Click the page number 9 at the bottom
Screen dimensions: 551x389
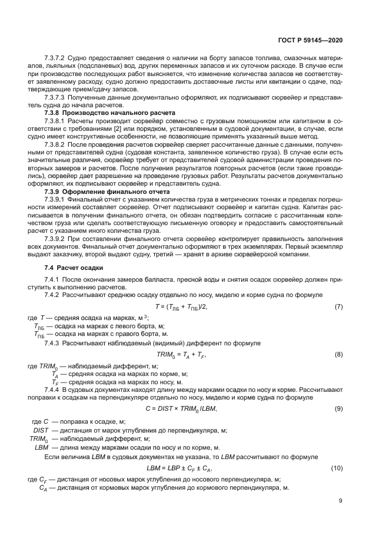(x=341, y=501)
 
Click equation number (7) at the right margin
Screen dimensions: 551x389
(x=338, y=307)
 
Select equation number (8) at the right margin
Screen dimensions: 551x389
(x=338, y=356)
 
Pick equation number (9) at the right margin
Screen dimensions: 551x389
(x=338, y=409)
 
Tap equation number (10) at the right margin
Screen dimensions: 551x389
(x=337, y=467)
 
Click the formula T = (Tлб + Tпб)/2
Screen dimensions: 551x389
(x=181, y=307)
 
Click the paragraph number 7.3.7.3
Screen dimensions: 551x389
(x=55, y=96)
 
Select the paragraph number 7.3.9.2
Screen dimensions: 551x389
(x=55, y=239)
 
